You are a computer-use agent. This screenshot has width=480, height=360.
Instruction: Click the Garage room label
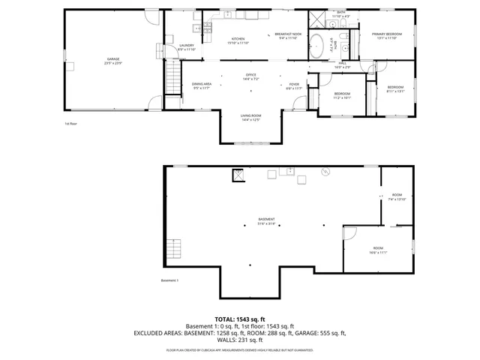point(113,59)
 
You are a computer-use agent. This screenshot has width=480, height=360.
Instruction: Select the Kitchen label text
point(238,40)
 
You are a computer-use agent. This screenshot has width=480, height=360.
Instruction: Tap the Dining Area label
point(202,85)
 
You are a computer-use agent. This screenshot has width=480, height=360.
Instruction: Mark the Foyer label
point(294,85)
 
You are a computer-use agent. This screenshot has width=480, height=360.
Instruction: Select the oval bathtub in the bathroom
point(317,45)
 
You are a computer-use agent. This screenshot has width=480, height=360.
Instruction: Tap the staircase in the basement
point(174,248)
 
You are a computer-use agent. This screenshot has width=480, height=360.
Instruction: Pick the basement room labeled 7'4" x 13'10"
point(397,197)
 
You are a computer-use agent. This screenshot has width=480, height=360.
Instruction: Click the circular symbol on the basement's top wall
point(325,172)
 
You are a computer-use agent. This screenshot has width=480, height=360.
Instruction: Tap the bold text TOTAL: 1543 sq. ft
point(239,319)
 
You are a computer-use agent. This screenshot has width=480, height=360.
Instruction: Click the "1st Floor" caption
point(71,124)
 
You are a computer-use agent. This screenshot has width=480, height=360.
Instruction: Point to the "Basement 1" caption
point(170,280)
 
